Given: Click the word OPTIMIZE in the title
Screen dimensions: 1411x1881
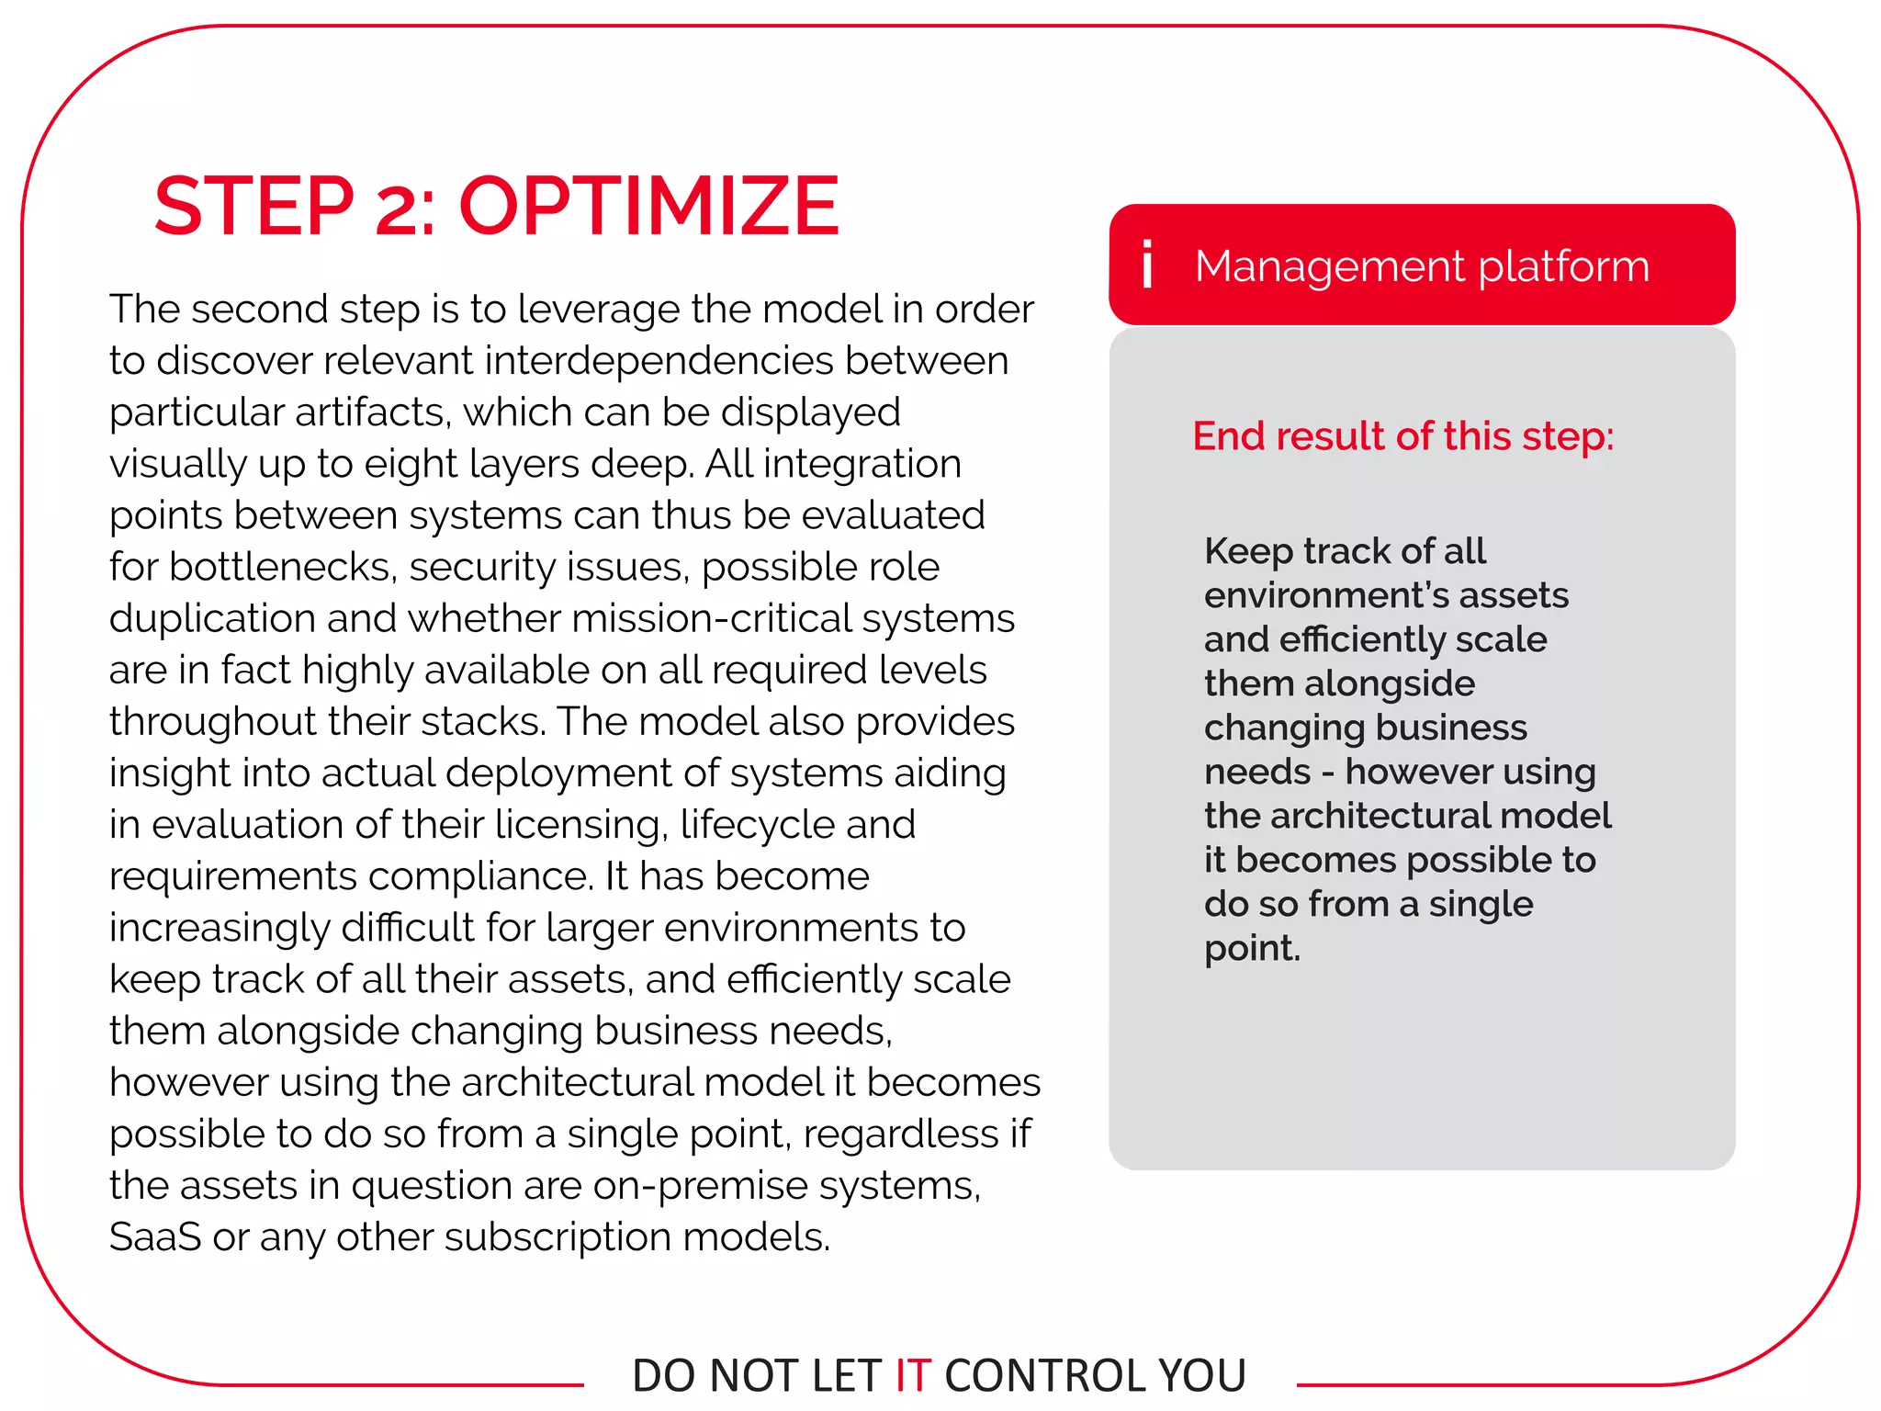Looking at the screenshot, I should coord(648,206).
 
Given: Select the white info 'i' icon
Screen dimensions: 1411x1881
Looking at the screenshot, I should coord(1147,265).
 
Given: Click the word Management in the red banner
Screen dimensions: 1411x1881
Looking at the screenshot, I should coord(1329,266).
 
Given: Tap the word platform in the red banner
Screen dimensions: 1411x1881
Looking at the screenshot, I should coord(1563,266).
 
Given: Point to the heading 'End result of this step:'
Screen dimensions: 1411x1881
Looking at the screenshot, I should coord(1402,435).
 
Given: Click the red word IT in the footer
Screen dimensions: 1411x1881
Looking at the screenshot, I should coord(913,1375).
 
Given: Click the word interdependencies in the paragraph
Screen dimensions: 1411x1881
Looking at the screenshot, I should coord(659,360).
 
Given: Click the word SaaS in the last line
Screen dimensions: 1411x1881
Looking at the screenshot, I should coord(154,1236).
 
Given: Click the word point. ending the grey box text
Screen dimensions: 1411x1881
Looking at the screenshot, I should coord(1252,948).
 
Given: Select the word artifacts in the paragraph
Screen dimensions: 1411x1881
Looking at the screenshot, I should coord(371,412).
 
